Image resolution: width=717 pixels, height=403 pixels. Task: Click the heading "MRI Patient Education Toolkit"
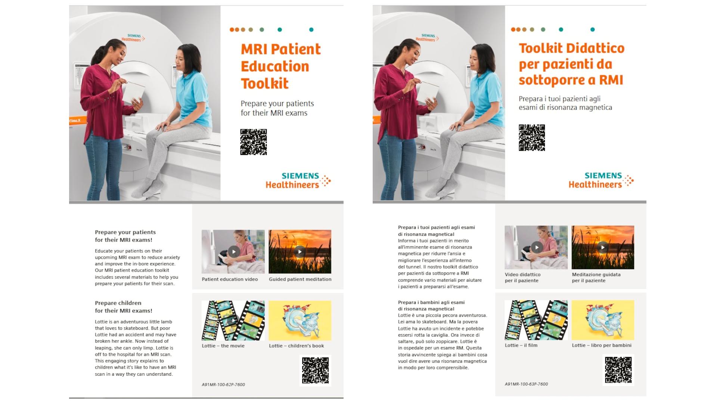point(280,66)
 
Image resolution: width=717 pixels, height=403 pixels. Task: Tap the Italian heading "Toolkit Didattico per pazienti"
point(571,64)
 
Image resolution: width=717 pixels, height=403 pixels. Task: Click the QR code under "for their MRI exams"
point(253,142)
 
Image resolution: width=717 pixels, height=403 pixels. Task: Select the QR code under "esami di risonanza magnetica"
point(532,138)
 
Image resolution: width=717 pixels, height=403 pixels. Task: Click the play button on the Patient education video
point(234,252)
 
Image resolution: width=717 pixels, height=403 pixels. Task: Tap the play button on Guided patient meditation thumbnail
point(300,252)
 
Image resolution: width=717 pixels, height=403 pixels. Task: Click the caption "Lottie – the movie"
point(223,346)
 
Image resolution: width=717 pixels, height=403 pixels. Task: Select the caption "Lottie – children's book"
point(296,346)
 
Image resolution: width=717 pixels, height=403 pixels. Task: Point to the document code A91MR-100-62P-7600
point(223,385)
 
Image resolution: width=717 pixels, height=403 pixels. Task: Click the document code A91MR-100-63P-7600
point(526,384)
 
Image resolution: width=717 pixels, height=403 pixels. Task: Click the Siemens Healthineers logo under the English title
point(298,180)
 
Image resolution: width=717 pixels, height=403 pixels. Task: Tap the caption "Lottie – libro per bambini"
point(601,346)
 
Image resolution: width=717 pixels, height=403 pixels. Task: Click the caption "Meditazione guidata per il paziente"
point(596,278)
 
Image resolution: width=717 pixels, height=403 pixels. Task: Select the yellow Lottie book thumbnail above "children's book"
point(300,321)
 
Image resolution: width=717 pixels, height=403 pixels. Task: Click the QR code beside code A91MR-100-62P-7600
point(316,370)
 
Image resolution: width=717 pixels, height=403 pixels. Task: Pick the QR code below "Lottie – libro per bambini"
point(618,370)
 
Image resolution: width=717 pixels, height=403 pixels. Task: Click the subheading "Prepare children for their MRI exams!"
point(123,307)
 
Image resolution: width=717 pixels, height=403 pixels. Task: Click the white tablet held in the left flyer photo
point(134,93)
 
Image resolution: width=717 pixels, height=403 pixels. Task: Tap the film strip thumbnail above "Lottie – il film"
point(536,320)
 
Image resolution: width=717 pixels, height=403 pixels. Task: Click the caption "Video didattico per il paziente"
point(522,278)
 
